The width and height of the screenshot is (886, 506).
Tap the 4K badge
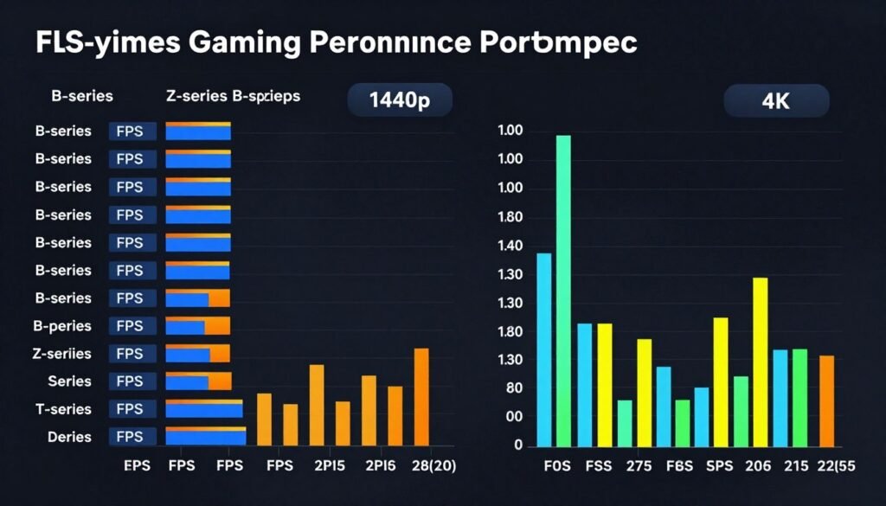point(776,100)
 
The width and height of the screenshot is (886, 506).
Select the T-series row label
point(62,409)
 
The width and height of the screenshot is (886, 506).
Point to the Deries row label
point(68,437)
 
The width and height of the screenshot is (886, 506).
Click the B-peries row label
point(62,326)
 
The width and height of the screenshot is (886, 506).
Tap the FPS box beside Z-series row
point(132,354)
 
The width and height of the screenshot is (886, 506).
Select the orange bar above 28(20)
point(421,395)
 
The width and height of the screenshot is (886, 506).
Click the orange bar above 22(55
point(826,400)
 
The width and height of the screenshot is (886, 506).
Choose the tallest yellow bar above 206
point(761,360)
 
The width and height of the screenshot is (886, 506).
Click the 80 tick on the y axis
point(514,388)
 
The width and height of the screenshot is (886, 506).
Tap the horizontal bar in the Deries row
point(205,437)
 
